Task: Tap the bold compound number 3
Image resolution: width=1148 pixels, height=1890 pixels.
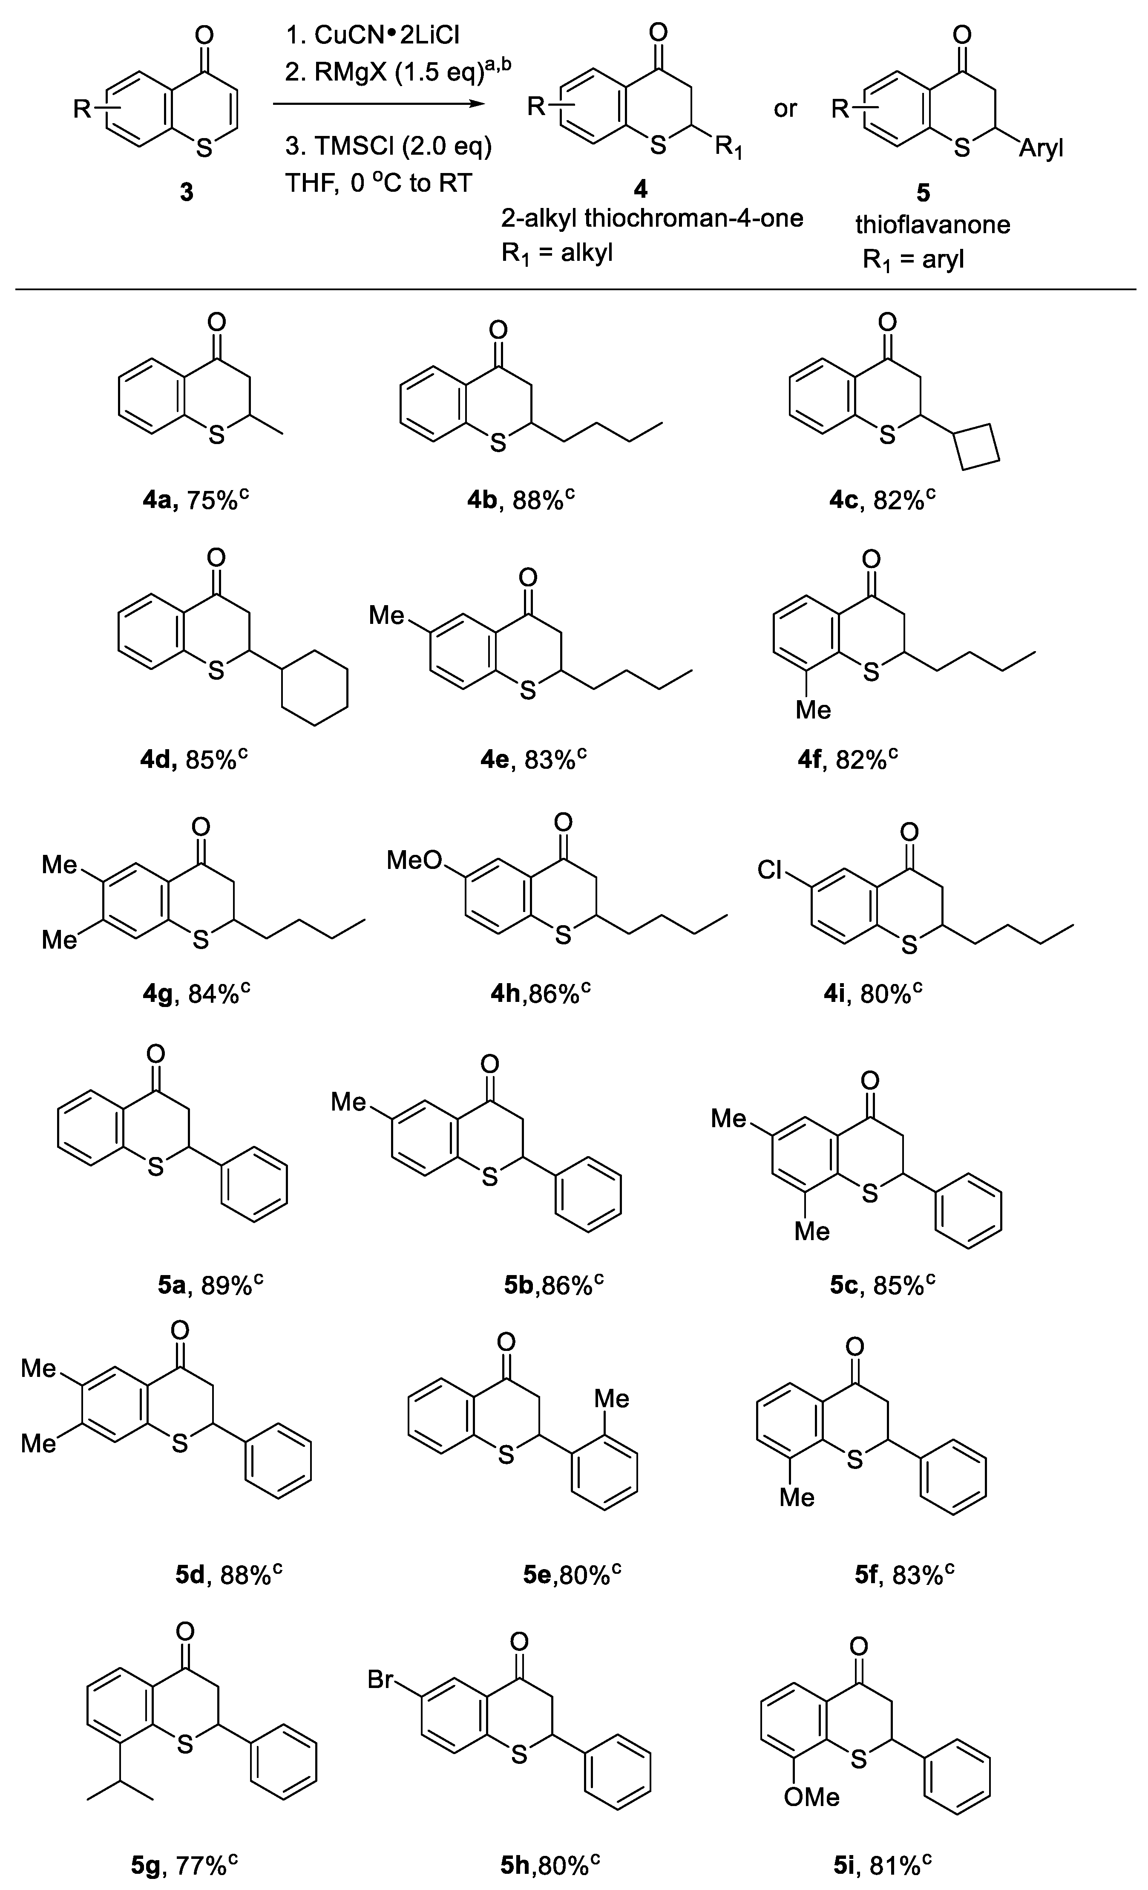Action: pos(186,192)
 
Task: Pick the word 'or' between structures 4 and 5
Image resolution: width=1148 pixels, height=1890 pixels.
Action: pos(785,109)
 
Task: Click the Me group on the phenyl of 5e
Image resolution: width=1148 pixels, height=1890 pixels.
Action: pos(611,1398)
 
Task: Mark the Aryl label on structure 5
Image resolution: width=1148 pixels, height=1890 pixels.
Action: pos(1041,148)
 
